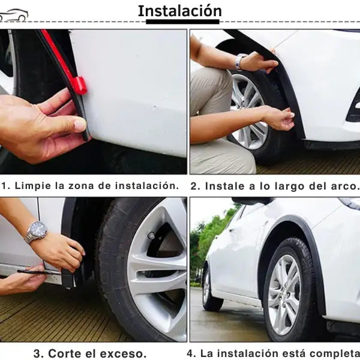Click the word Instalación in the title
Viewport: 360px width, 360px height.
click(x=179, y=11)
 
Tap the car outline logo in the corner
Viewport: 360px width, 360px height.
click(x=13, y=16)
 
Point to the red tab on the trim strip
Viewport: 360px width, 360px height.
click(x=79, y=85)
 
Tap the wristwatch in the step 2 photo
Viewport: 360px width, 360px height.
click(x=241, y=61)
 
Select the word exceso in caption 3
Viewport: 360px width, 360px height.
click(x=121, y=353)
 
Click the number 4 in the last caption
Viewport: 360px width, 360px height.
click(x=191, y=353)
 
